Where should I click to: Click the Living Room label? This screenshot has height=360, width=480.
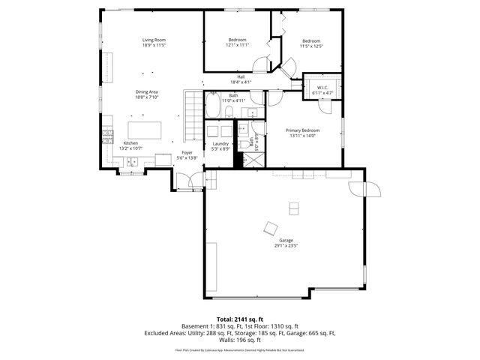pos(154,40)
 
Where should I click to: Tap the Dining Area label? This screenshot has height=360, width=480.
pos(146,91)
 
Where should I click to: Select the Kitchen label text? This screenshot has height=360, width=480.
pos(130,143)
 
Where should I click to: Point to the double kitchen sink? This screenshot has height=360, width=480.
pos(132,160)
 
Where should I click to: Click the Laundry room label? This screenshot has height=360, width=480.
pos(220,143)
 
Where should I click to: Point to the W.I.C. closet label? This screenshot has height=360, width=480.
pos(322,88)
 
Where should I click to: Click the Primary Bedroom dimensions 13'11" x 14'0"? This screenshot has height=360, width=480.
pos(305,136)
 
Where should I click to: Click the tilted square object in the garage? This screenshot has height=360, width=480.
pos(269,228)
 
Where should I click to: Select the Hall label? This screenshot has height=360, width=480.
pos(241,76)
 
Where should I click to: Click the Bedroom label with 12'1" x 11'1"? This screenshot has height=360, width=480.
pos(238,40)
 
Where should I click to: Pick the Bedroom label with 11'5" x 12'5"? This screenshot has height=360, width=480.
pos(311,40)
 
